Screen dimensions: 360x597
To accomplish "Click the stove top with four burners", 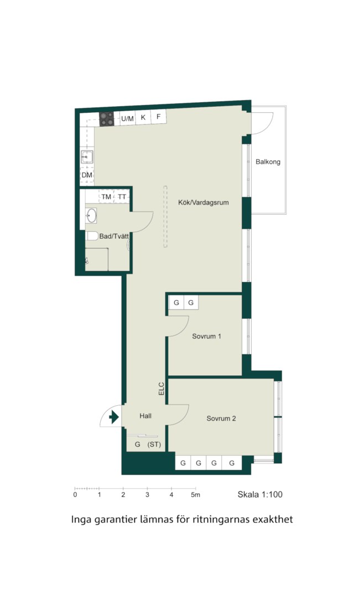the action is (x=107, y=119).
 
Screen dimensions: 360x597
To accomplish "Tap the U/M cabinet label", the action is (x=128, y=119).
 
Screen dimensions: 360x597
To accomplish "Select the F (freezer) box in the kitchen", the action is (x=159, y=117).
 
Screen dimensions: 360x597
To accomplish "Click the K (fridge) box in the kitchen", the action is (x=143, y=117).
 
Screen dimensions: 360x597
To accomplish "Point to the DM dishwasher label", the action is (x=87, y=175).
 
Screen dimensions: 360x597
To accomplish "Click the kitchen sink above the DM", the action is (x=87, y=156).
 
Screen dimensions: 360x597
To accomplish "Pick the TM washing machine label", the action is (x=106, y=197).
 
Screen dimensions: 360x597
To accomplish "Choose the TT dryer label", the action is (x=122, y=197).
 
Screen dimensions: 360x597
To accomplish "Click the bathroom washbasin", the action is (x=91, y=216).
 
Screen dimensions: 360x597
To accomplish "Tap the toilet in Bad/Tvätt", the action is (x=92, y=236).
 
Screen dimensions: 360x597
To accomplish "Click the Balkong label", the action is (x=268, y=162).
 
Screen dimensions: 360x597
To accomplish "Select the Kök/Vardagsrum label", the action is (x=204, y=202).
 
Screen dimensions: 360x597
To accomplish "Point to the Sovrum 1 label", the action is (x=206, y=337).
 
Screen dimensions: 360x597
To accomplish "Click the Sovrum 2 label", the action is (x=221, y=418).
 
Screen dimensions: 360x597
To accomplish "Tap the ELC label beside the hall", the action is (x=161, y=389).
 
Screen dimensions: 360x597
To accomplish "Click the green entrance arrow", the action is (x=114, y=417).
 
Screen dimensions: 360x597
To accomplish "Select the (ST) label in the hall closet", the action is (x=154, y=444).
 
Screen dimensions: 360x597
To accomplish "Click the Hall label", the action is (x=145, y=416).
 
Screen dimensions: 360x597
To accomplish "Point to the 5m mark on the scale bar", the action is (x=195, y=495).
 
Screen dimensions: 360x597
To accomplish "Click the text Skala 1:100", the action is (x=260, y=495).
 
